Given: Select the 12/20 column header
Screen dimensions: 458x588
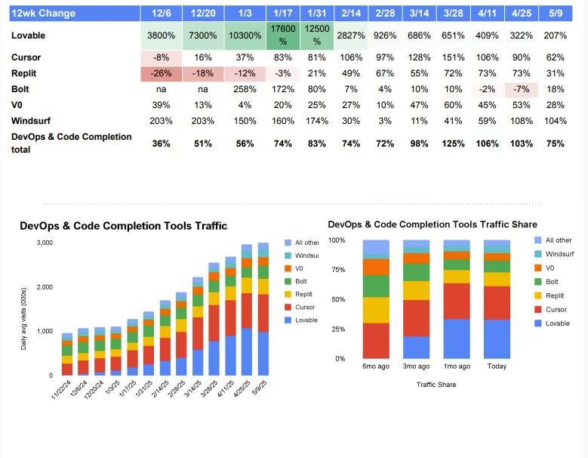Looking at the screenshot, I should [203, 14].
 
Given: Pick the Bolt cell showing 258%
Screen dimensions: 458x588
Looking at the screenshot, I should [245, 89].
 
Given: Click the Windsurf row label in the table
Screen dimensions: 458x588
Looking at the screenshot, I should [29, 120].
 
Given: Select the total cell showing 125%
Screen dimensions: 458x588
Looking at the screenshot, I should [454, 144].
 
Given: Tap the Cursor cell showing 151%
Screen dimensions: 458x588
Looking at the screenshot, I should [454, 57].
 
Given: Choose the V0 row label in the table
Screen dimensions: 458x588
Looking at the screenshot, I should [17, 104].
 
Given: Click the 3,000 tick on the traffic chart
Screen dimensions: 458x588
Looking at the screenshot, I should [45, 243].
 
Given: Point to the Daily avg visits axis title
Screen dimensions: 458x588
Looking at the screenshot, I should [24, 318].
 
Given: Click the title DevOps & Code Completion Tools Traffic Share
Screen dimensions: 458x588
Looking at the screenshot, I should [433, 224].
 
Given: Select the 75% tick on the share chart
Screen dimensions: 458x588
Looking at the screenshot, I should [337, 270].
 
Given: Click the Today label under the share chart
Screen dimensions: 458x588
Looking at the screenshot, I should [497, 367].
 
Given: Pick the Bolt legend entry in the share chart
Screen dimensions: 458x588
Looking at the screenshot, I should [553, 282].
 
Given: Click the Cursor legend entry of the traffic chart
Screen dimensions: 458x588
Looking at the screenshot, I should [305, 307].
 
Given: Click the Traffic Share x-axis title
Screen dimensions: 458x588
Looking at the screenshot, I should [436, 384].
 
